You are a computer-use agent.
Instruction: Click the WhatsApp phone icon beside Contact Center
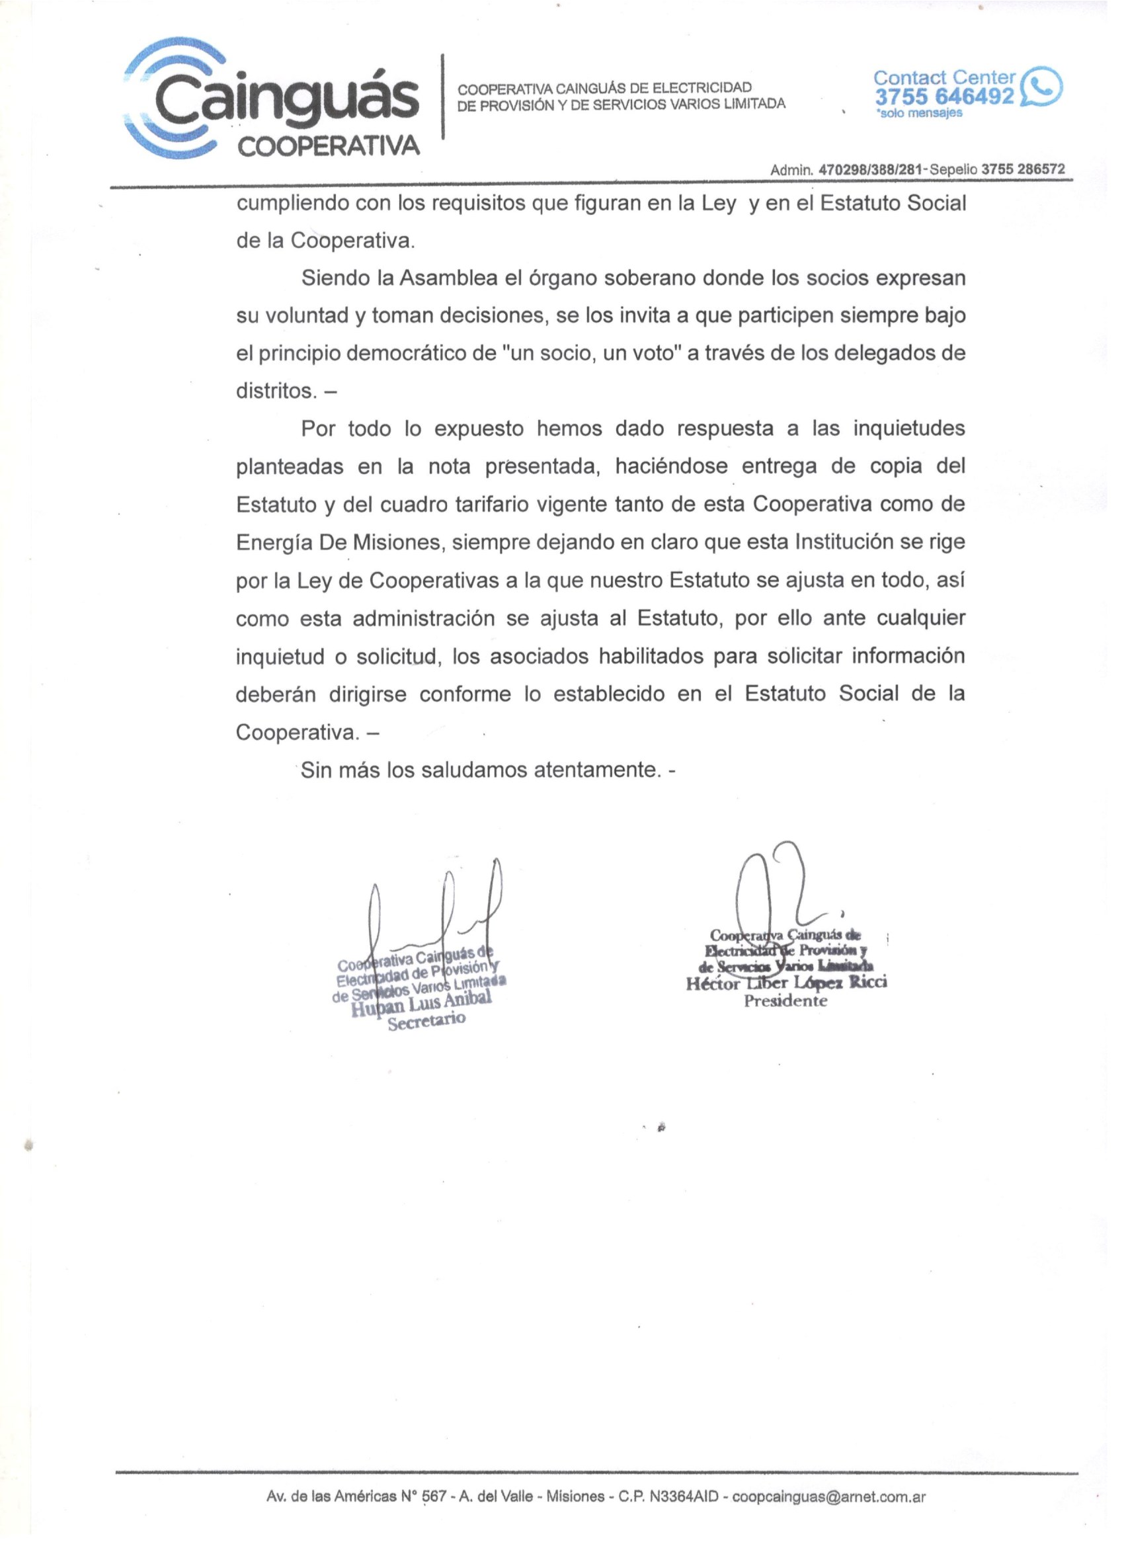[1041, 87]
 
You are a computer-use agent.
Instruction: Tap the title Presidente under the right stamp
[785, 1001]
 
